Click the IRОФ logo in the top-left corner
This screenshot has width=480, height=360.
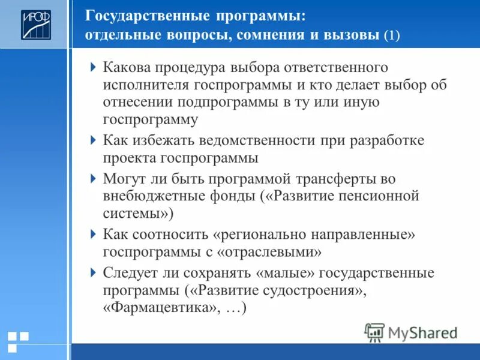[37, 25]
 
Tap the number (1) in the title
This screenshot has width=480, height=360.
[392, 35]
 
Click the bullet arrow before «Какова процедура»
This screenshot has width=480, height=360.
[93, 66]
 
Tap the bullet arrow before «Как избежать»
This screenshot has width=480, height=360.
[93, 140]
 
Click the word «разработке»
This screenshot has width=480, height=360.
[389, 140]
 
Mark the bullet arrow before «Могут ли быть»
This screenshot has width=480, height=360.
[93, 178]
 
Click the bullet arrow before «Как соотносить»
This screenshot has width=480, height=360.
[93, 233]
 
